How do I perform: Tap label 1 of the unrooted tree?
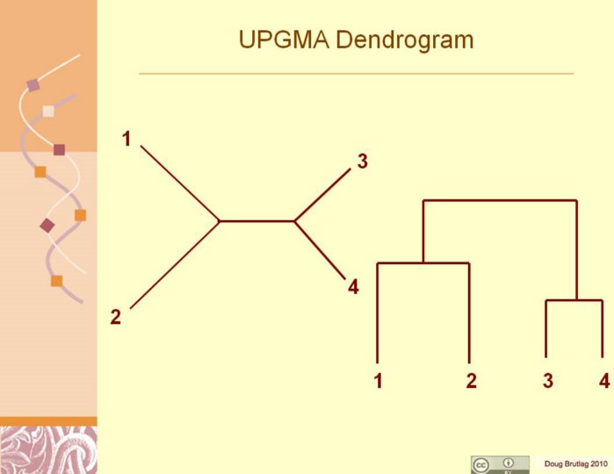point(126,139)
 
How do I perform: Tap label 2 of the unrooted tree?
point(116,317)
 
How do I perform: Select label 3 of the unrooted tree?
point(362,162)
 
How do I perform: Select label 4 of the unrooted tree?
point(353,287)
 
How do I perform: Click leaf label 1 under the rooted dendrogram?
point(378,382)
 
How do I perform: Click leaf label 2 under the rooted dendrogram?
point(471,382)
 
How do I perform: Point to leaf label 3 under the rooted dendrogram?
point(548,382)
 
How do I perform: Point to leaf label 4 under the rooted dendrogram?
point(603,382)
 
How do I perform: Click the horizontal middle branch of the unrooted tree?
point(256,221)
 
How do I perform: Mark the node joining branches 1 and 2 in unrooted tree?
point(220,221)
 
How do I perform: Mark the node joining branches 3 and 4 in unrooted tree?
point(294,221)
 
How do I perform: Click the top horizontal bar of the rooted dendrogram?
point(500,201)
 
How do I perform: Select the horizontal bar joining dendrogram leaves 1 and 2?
point(423,263)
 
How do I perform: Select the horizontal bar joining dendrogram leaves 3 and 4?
point(574,301)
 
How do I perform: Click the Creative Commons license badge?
point(500,464)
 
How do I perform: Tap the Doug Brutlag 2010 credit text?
point(575,463)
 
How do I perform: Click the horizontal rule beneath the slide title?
point(356,74)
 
